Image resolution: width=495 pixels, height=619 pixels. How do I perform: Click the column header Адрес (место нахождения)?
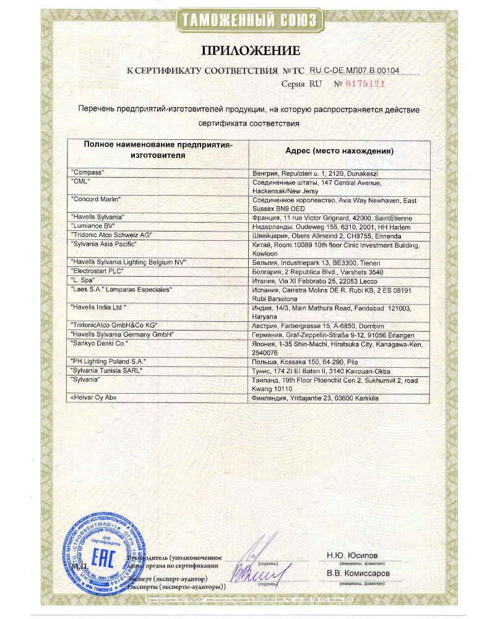pyautogui.click(x=340, y=150)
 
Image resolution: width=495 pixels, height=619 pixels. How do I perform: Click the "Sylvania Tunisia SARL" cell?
pyautogui.click(x=108, y=370)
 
